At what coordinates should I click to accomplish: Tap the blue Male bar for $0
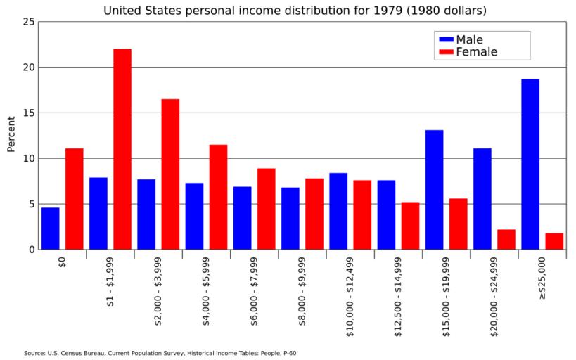50,228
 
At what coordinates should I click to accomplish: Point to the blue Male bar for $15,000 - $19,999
434,189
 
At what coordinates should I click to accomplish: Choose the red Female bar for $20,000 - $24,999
506,239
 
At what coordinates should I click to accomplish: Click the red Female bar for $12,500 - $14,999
410,226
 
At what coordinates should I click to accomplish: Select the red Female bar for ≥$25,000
554,241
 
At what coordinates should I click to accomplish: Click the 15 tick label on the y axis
28,112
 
